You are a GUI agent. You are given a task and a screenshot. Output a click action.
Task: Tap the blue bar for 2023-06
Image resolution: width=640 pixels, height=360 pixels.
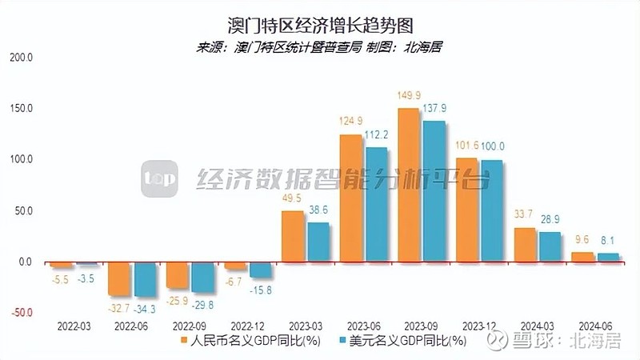coord(376,205)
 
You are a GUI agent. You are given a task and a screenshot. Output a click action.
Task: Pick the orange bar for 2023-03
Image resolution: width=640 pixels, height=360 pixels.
coord(293,236)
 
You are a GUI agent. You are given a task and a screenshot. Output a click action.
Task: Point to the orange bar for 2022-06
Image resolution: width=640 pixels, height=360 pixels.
coord(119,278)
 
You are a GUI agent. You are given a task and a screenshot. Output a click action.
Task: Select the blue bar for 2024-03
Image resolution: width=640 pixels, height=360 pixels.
coord(550,247)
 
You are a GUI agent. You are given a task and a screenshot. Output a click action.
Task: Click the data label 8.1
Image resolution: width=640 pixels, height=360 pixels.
coord(608,238)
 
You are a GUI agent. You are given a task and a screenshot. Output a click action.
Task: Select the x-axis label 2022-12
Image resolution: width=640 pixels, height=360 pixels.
coord(248,326)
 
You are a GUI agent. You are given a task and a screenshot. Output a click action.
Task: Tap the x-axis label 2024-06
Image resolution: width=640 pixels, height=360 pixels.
coord(594,326)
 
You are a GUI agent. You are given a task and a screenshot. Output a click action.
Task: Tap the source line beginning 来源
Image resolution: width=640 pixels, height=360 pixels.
coord(319,46)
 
